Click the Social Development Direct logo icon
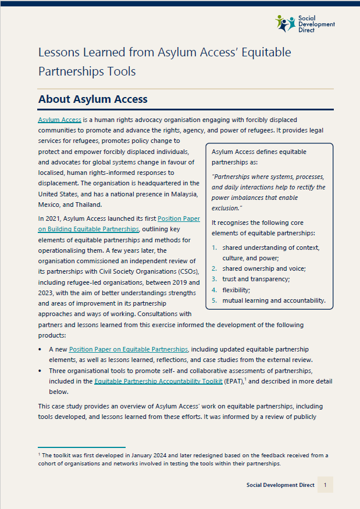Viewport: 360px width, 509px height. pyautogui.click(x=286, y=23)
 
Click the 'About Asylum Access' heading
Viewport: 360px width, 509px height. pyautogui.click(x=92, y=99)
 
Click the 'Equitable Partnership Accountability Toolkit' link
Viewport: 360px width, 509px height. pyautogui.click(x=158, y=381)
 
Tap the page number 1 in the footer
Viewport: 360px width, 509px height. pyautogui.click(x=325, y=485)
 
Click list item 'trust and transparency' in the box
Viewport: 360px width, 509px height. pyautogui.click(x=251, y=279)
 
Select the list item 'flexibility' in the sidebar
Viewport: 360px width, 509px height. pyautogui.click(x=237, y=289)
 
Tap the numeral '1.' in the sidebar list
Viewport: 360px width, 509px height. pyautogui.click(x=214, y=248)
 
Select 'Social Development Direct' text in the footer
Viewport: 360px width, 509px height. pyautogui.click(x=280, y=485)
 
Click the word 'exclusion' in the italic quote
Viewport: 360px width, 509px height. pyautogui.click(x=226, y=207)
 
